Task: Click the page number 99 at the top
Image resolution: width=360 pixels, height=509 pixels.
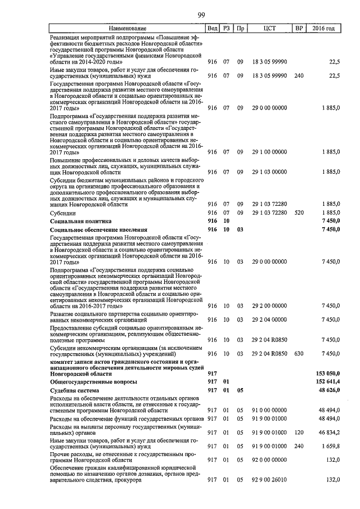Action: click(200, 15)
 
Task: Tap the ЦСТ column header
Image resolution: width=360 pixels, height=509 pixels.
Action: click(269, 28)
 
